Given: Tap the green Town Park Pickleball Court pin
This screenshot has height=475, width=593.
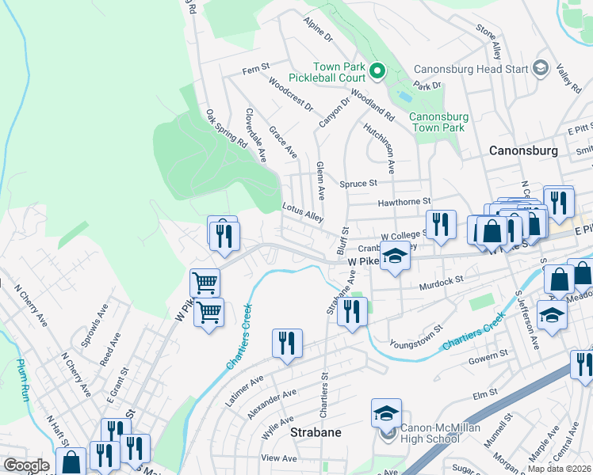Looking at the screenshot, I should click(377, 73).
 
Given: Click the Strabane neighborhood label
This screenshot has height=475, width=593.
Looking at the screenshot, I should click(315, 433).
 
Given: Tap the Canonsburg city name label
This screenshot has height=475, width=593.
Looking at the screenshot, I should click(523, 150).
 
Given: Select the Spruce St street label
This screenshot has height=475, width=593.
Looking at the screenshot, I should click(358, 184).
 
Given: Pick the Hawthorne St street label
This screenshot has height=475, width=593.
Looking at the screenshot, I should click(404, 202).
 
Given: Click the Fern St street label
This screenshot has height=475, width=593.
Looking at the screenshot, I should click(256, 70).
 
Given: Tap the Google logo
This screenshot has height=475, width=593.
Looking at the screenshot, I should click(26, 465).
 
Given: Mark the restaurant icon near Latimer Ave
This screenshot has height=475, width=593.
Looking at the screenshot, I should click(286, 344).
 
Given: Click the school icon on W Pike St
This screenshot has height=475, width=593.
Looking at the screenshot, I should click(394, 256).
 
